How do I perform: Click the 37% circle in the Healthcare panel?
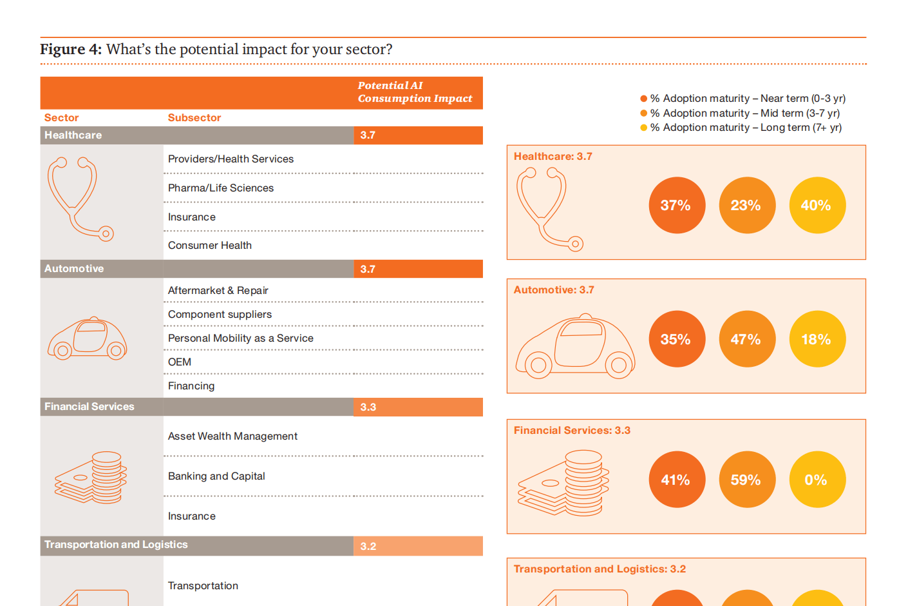[x=677, y=205]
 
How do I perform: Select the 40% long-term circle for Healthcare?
[x=817, y=205]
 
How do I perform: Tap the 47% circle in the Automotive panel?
[x=747, y=339]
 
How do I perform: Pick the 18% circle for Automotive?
[x=817, y=339]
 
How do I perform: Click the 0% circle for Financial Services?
[x=817, y=480]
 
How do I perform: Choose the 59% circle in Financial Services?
[x=747, y=480]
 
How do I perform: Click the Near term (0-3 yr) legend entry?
[x=742, y=98]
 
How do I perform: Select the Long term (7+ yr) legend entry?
[x=741, y=128]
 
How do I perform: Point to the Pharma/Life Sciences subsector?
[x=220, y=188]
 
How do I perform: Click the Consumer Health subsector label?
[x=209, y=245]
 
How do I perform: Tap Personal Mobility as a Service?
[x=240, y=338]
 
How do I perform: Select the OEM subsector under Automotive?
[x=179, y=362]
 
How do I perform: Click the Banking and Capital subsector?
[x=216, y=476]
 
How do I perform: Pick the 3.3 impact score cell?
[x=418, y=407]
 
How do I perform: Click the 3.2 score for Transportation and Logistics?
[x=418, y=546]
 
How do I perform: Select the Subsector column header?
[x=194, y=118]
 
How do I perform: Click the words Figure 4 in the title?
[x=71, y=49]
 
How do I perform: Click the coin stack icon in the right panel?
[x=563, y=483]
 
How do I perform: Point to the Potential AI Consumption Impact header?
[x=415, y=92]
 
